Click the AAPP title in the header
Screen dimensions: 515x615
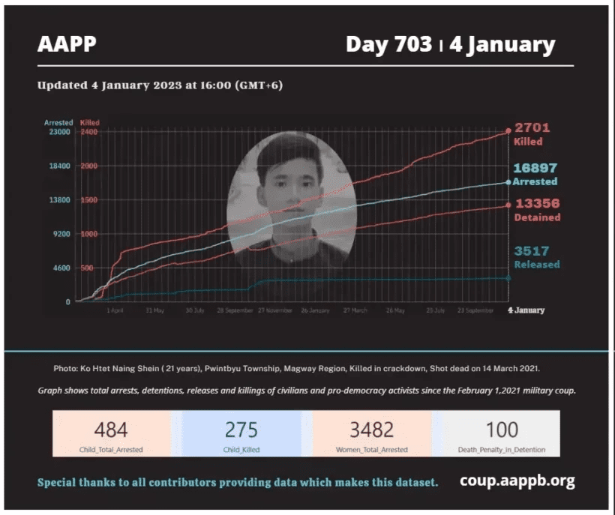pyautogui.click(x=67, y=44)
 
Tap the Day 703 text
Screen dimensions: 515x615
pyautogui.click(x=388, y=44)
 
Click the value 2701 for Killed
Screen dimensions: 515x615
pyautogui.click(x=532, y=128)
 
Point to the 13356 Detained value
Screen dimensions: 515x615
pyautogui.click(x=537, y=204)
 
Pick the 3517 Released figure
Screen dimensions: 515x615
pyautogui.click(x=532, y=251)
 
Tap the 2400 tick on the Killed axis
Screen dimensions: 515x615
pyautogui.click(x=89, y=132)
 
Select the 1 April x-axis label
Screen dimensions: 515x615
pyautogui.click(x=115, y=310)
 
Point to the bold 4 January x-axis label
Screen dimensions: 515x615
pyautogui.click(x=526, y=310)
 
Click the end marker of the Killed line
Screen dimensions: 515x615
pyautogui.click(x=508, y=132)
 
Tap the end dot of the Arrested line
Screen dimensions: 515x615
pyautogui.click(x=508, y=182)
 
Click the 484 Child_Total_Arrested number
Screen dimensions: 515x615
pyautogui.click(x=111, y=430)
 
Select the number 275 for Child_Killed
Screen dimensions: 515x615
pyautogui.click(x=241, y=430)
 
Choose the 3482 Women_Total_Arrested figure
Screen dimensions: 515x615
pyautogui.click(x=371, y=430)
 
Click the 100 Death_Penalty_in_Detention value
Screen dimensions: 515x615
pyautogui.click(x=501, y=430)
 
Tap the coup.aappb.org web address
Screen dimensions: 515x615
pyautogui.click(x=517, y=481)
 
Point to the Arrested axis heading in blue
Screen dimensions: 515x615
pyautogui.click(x=58, y=122)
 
